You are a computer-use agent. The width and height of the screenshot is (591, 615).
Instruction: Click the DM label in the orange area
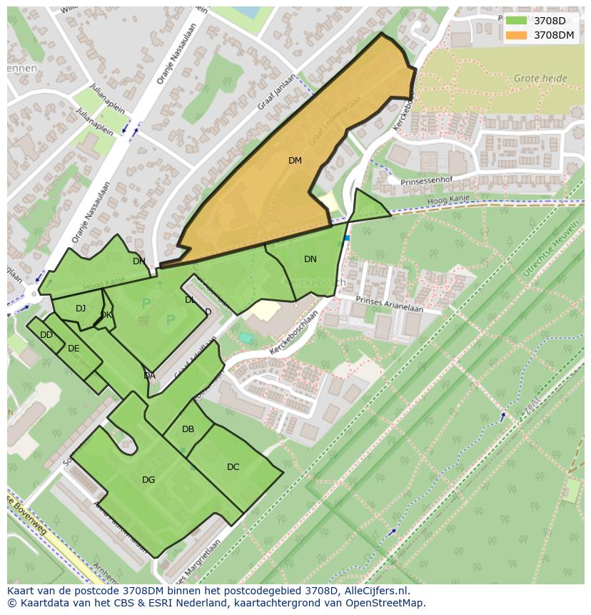[295, 161]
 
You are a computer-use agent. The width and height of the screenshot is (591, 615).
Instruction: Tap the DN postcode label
[310, 259]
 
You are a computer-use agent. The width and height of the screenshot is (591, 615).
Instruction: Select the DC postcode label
[233, 467]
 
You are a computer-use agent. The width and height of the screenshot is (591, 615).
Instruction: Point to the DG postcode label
[148, 480]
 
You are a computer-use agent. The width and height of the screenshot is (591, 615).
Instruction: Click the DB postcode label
[188, 429]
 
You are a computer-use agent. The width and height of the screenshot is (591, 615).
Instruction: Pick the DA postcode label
[149, 376]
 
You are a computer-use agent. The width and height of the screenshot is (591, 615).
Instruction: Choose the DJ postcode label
[81, 309]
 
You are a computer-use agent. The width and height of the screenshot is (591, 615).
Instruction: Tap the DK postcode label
[106, 315]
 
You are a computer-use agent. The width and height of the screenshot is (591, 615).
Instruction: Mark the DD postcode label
[46, 335]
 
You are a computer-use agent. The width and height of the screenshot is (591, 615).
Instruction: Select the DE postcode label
[74, 349]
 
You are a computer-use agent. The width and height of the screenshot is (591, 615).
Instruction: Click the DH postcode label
[138, 261]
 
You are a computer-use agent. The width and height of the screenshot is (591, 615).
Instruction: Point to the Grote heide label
[540, 79]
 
